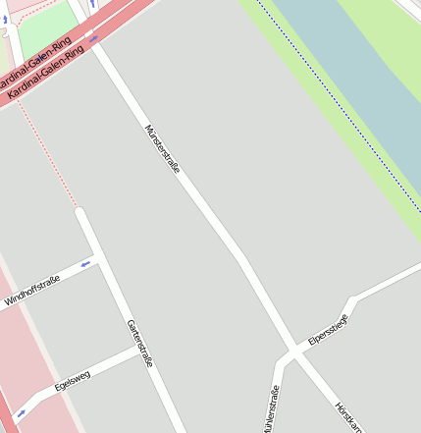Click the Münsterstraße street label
click(163, 148)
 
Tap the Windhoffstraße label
click(32, 292)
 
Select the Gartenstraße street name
click(139, 343)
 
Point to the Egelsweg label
click(73, 380)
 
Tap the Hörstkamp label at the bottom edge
click(347, 416)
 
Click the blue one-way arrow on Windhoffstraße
click(85, 263)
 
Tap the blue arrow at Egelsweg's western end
click(21, 413)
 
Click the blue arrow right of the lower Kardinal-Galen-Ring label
click(94, 39)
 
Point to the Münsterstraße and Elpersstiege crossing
click(294, 352)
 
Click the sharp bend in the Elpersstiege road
click(350, 299)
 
